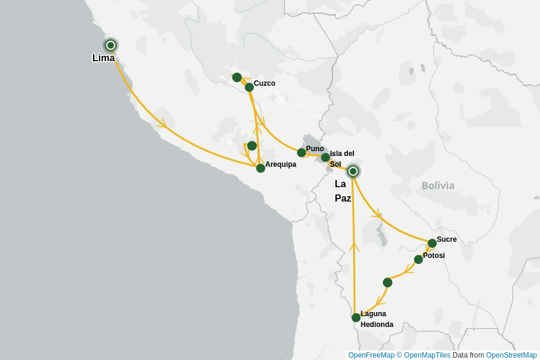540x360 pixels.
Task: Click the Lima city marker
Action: click(110, 45)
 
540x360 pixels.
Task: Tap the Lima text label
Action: click(103, 58)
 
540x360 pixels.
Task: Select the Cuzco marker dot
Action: click(249, 88)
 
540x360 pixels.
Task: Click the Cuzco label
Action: click(265, 83)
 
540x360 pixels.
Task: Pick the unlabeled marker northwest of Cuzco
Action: click(237, 77)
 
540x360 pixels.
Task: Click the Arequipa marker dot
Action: click(260, 168)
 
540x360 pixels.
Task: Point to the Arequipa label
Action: click(281, 164)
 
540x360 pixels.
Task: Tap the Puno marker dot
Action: click(302, 153)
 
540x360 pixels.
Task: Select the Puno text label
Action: click(315, 149)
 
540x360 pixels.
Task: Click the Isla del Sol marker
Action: click(325, 158)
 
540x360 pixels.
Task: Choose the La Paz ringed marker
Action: click(353, 172)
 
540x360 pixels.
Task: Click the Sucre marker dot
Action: click(432, 243)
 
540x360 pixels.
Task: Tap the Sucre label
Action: click(447, 239)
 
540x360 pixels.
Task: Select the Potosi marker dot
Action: click(418, 259)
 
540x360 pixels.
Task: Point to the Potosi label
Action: click(434, 256)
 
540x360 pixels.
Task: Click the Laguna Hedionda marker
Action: click(356, 317)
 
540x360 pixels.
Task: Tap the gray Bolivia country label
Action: click(438, 186)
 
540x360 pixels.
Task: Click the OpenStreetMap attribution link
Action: click(511, 355)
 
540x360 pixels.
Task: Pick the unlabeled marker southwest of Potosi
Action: click(388, 283)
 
